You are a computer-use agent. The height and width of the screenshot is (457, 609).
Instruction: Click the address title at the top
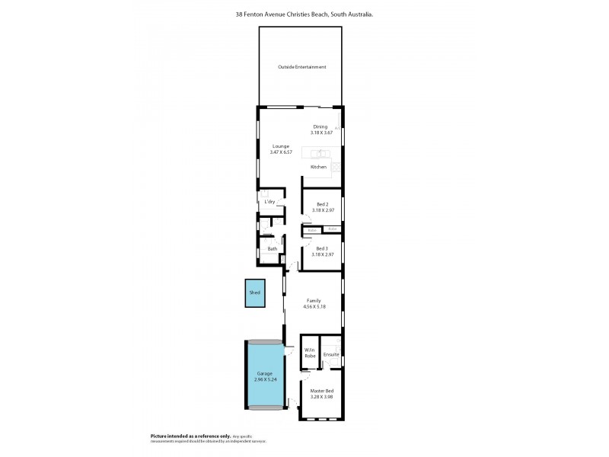tap(304, 14)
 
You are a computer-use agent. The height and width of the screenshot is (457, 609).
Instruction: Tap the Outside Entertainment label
tap(301, 67)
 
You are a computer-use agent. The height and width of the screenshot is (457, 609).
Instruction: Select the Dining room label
tap(320, 126)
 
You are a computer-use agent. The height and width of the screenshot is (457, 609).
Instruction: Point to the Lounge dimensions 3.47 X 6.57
tap(282, 152)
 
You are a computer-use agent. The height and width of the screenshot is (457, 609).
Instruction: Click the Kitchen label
tap(318, 167)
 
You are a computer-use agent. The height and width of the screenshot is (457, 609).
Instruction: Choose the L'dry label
tap(269, 202)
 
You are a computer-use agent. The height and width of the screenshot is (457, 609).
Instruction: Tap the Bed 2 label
tap(323, 204)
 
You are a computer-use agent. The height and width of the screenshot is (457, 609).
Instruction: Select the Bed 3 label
tap(323, 248)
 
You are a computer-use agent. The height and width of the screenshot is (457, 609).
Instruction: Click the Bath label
tap(272, 249)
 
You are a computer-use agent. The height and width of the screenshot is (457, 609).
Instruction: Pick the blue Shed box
tap(255, 292)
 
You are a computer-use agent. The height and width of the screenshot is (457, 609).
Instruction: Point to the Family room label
tap(314, 301)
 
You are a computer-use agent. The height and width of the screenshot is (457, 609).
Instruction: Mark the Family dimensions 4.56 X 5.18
tap(314, 307)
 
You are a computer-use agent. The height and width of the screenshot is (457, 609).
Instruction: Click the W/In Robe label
tap(310, 353)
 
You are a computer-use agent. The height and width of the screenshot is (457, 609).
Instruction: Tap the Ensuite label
tap(331, 355)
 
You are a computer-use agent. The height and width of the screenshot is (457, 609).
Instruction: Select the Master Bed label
tap(322, 391)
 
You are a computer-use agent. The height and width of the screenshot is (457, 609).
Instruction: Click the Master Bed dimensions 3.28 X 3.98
tap(322, 397)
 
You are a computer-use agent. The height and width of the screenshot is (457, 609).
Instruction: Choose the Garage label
tap(263, 373)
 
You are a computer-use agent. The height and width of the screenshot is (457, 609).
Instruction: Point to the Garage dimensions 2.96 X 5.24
tap(263, 379)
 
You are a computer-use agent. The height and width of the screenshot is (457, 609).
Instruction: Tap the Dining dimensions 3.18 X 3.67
tap(322, 133)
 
